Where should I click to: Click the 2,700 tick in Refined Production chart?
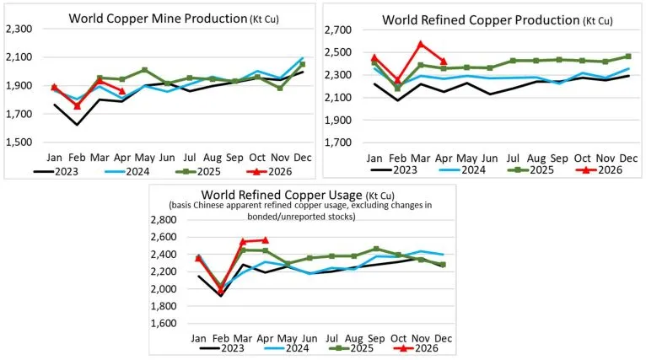(x=338, y=30)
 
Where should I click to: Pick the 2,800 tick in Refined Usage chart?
(x=163, y=220)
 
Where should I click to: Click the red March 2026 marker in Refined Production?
(x=421, y=44)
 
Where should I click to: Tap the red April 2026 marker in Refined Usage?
(x=265, y=240)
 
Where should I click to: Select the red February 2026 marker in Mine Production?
(x=77, y=106)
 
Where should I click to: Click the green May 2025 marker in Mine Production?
(x=144, y=70)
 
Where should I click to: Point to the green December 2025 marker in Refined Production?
(x=628, y=56)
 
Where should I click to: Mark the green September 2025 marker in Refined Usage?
(x=376, y=249)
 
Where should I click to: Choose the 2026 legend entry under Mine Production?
(x=269, y=171)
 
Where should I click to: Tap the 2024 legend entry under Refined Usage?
(x=287, y=348)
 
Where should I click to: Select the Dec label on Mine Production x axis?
(x=303, y=158)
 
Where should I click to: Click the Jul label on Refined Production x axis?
(x=513, y=159)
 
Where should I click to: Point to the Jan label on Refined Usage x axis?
(x=198, y=339)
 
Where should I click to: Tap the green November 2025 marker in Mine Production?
(x=280, y=88)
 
